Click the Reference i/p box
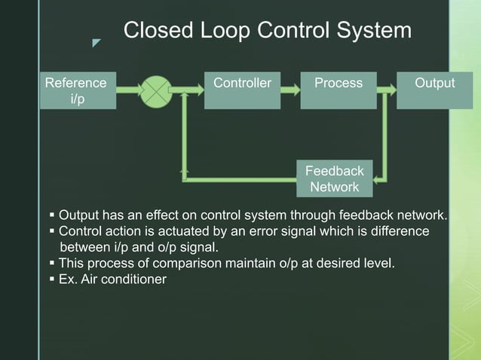[x=78, y=90]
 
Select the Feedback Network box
[x=334, y=178]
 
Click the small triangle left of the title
[x=96, y=43]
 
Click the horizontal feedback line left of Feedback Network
[x=241, y=179]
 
